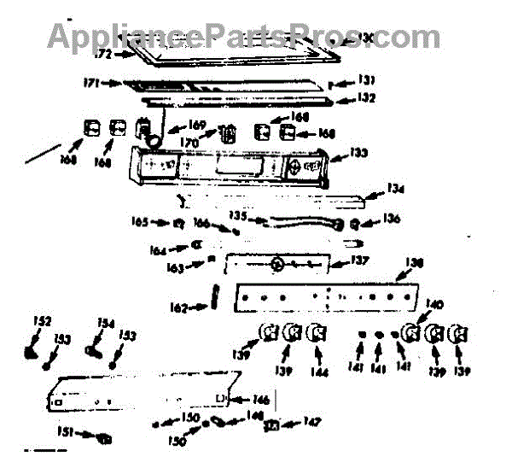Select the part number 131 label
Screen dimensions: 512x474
pyautogui.click(x=365, y=80)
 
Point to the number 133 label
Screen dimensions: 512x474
pyautogui.click(x=359, y=154)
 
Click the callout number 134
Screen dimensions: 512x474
pyautogui.click(x=394, y=190)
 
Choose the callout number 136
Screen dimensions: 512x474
pyautogui.click(x=390, y=219)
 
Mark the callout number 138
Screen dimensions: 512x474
pyautogui.click(x=413, y=263)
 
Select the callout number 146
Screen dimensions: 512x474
pyautogui.click(x=261, y=399)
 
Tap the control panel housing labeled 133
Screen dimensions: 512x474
pyautogui.click(x=230, y=162)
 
